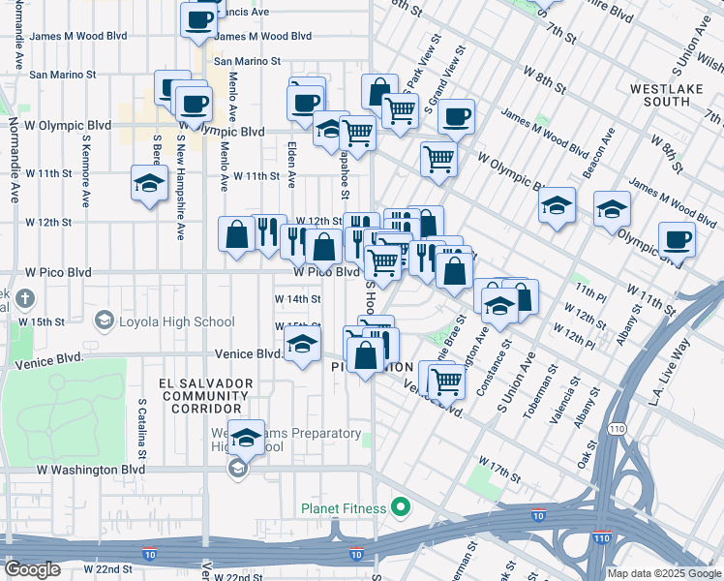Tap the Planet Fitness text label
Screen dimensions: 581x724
pos(343,508)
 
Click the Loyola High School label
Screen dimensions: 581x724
pos(175,321)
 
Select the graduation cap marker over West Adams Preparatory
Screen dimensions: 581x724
pos(247,438)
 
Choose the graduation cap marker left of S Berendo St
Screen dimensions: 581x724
pos(148,183)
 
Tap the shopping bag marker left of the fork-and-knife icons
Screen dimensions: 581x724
pos(237,234)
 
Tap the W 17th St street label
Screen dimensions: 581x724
pos(498,472)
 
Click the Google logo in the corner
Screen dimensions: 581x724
pos(31,570)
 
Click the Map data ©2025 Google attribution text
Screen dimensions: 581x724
pos(664,573)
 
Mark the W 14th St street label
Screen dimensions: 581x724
pos(298,299)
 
